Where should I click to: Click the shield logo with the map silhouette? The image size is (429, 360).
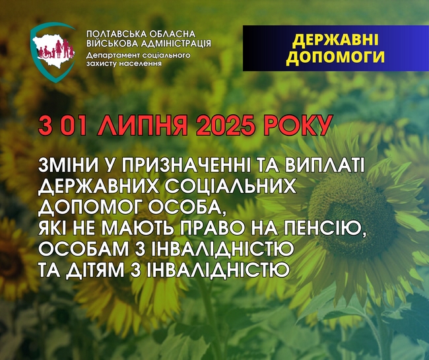[x=53, y=52]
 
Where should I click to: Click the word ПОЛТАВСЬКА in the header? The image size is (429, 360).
[x=114, y=34]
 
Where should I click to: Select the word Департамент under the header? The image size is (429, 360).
[x=114, y=55]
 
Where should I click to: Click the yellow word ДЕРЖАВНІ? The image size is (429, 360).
[x=335, y=40]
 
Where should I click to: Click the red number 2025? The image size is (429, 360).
[x=227, y=126]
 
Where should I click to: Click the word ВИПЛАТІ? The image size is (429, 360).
[x=324, y=166]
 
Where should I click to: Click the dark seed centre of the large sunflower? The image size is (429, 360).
[x=353, y=216]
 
